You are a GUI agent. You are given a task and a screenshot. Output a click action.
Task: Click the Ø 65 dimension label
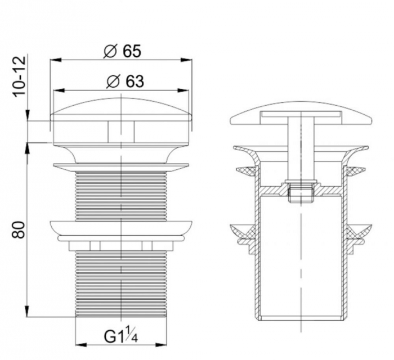[x=122, y=51]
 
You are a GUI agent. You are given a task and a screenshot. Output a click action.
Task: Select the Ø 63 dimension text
[x=125, y=82]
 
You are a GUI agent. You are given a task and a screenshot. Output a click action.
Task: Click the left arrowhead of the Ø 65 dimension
[x=56, y=60]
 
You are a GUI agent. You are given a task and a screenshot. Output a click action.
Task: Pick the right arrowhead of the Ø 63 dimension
[x=183, y=91]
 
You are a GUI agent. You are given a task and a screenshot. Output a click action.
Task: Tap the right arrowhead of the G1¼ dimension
[x=161, y=345]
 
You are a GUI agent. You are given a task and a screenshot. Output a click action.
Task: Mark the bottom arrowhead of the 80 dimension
[x=28, y=311]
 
